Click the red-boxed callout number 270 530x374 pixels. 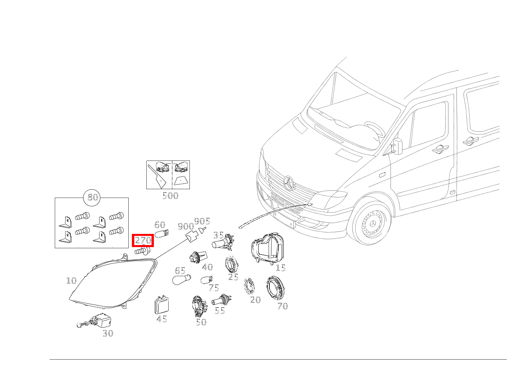click(143, 241)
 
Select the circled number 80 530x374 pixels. click(92, 197)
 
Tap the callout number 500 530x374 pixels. click(170, 196)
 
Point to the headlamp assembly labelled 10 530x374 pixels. click(113, 282)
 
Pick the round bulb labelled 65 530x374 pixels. click(181, 279)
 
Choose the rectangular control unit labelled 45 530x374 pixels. click(161, 305)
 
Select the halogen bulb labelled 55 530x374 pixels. click(221, 300)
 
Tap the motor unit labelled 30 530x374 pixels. click(95, 321)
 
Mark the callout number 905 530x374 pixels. click(202, 221)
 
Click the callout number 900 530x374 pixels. click(186, 226)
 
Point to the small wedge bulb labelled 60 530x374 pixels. click(161, 234)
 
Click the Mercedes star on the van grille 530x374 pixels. click(289, 183)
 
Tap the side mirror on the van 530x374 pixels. click(397, 146)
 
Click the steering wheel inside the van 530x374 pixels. click(375, 129)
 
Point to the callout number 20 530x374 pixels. click(255, 300)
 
